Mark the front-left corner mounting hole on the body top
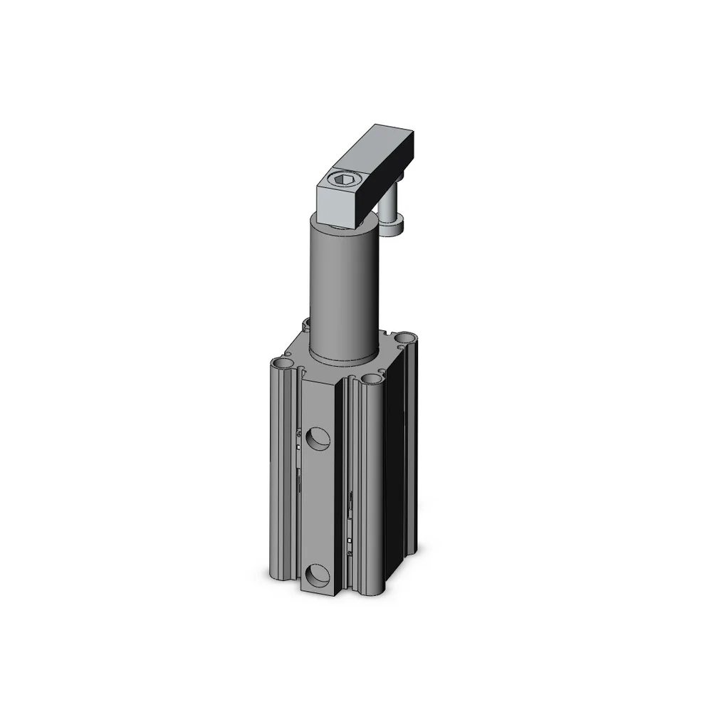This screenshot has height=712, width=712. coord(286,365)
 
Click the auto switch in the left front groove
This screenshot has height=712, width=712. coord(297,441)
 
